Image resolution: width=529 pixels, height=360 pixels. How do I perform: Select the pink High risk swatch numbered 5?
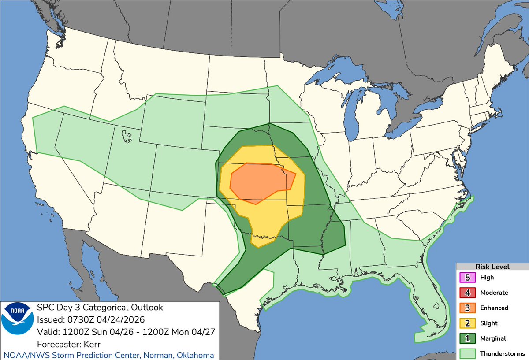[x=466, y=278]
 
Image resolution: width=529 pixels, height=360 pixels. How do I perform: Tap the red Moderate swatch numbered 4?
[x=466, y=293]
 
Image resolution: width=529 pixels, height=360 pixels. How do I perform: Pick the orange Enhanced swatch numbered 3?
[x=466, y=308]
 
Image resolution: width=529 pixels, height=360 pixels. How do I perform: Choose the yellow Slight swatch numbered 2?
[x=466, y=323]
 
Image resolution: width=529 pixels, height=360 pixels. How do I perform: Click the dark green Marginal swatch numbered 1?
[x=466, y=338]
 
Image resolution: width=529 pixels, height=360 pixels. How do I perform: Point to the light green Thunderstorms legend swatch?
[x=466, y=353]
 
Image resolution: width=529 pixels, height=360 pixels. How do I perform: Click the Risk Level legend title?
[x=492, y=267]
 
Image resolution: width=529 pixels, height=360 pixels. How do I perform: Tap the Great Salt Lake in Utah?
[x=127, y=136]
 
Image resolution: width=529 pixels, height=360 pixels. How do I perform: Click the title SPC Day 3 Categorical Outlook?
[x=100, y=308]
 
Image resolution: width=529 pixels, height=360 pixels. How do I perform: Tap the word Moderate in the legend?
[x=494, y=293]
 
